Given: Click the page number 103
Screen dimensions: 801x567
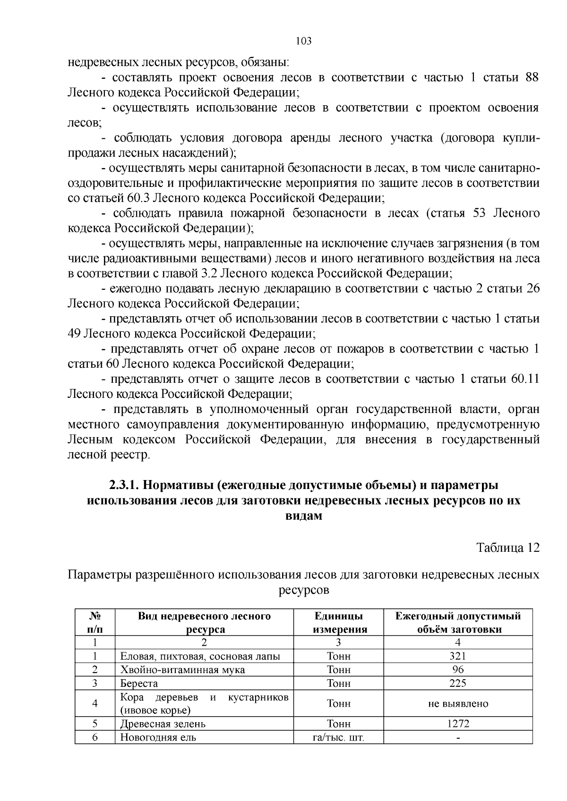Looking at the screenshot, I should pos(304,41).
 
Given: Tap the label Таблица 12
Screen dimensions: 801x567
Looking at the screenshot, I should pos(508,548).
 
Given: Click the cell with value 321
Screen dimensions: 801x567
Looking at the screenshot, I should pos(457,656).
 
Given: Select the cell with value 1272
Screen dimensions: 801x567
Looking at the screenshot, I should pos(457,724).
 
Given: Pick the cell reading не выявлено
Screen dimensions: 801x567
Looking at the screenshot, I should pos(457,704).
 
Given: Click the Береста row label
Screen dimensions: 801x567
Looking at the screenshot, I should pos(139,683).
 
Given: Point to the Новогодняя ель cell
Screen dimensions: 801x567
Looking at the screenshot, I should pos(158,737).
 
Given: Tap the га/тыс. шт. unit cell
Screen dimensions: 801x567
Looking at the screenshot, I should pos(338,737).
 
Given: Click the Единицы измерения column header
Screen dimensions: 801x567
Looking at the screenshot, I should pos(338,623).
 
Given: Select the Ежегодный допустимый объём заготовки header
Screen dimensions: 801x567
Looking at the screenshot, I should pos(457,623).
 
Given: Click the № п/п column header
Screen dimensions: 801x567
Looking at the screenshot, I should pos(95,623).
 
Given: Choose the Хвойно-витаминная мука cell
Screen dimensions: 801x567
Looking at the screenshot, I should pos(182,670).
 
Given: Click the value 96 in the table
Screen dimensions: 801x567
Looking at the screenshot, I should pos(457,670).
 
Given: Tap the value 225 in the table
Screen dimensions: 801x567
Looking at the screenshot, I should pos(457,683).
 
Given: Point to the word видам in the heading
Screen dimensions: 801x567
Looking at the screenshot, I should pos(304,515).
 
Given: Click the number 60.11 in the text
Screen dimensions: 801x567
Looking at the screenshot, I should pos(524,379).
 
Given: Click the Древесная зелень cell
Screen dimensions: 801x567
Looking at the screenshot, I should pos(163,724).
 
